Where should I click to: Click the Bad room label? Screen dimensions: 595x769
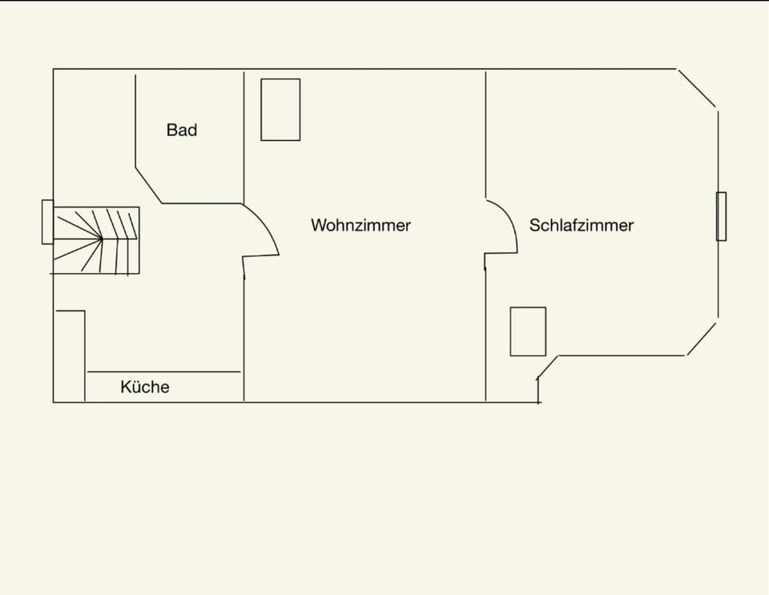(x=182, y=130)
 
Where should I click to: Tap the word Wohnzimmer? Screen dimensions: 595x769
(x=360, y=225)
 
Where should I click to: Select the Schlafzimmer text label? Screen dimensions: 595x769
(x=581, y=225)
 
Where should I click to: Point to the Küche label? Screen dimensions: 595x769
(x=145, y=388)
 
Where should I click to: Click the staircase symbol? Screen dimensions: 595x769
(x=97, y=240)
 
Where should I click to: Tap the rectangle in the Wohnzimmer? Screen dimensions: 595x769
(x=280, y=110)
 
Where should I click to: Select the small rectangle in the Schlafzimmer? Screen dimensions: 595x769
(x=528, y=332)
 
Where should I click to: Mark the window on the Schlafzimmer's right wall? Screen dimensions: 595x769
(x=721, y=216)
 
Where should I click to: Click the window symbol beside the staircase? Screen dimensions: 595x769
(x=47, y=222)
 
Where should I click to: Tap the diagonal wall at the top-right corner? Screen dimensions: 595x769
(x=698, y=88)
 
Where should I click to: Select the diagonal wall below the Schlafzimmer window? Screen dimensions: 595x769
(x=702, y=339)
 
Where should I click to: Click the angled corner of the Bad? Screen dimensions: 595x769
(x=148, y=185)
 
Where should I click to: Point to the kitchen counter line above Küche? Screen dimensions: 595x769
(x=164, y=372)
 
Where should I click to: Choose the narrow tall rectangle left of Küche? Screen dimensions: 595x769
(x=70, y=356)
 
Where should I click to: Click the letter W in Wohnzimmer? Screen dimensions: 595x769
(x=318, y=225)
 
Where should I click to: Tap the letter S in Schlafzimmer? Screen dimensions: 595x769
(x=534, y=225)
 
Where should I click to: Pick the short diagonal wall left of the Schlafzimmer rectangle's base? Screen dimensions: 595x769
(x=547, y=368)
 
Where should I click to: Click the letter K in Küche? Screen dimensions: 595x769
(x=126, y=388)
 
